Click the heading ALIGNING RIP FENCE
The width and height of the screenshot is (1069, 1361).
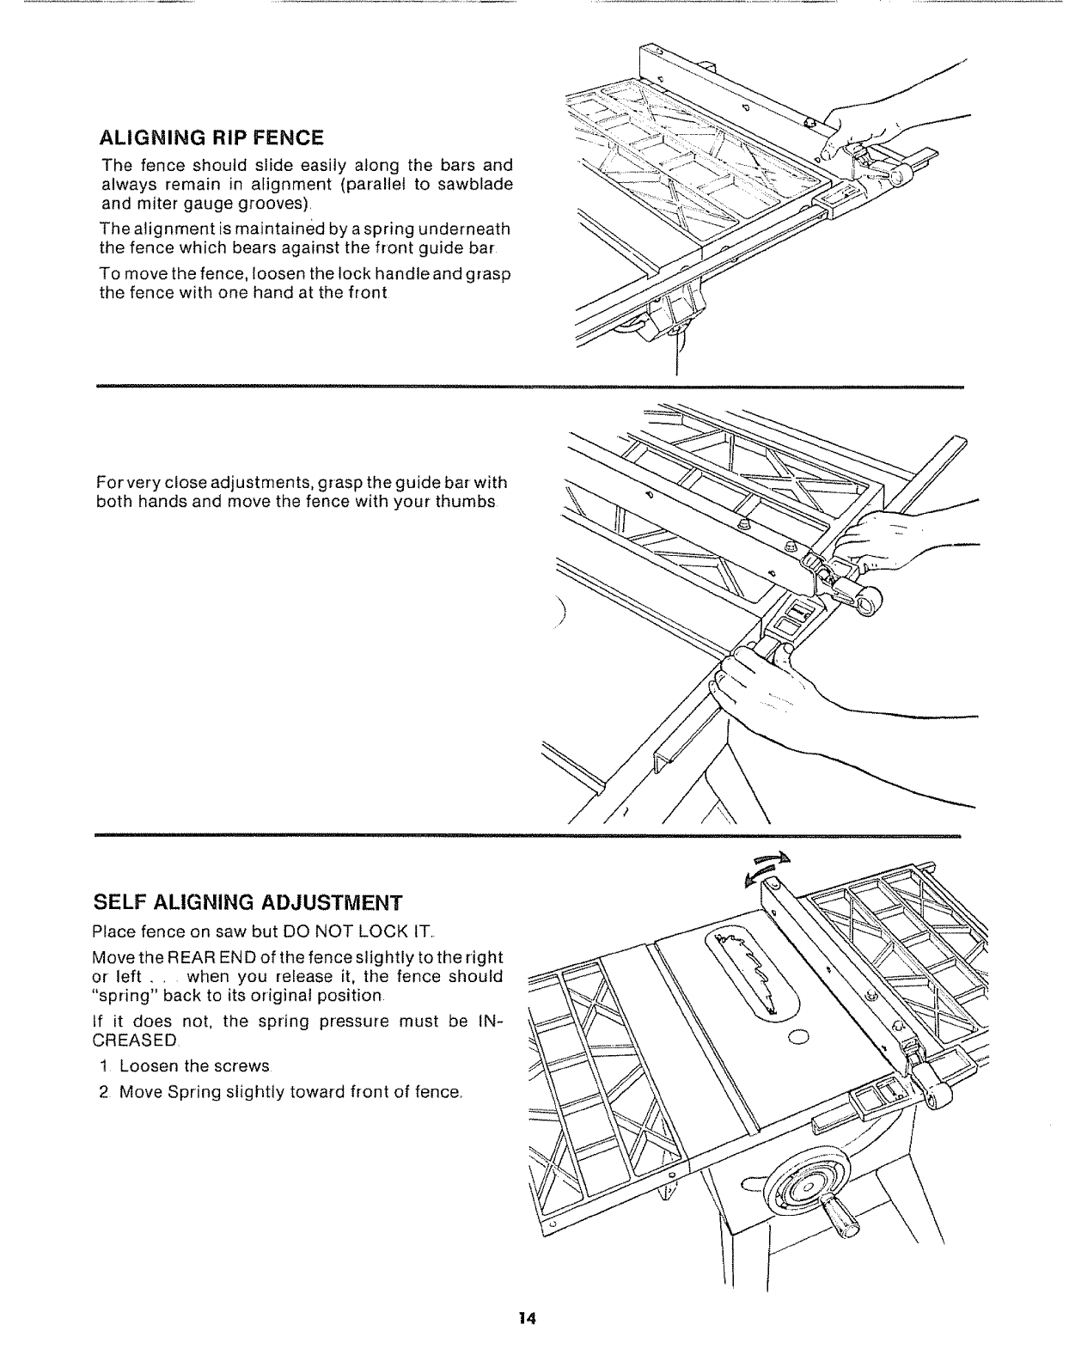point(212,137)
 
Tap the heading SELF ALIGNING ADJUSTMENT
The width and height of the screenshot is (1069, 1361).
point(247,902)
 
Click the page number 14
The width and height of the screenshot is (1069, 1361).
point(527,1342)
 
